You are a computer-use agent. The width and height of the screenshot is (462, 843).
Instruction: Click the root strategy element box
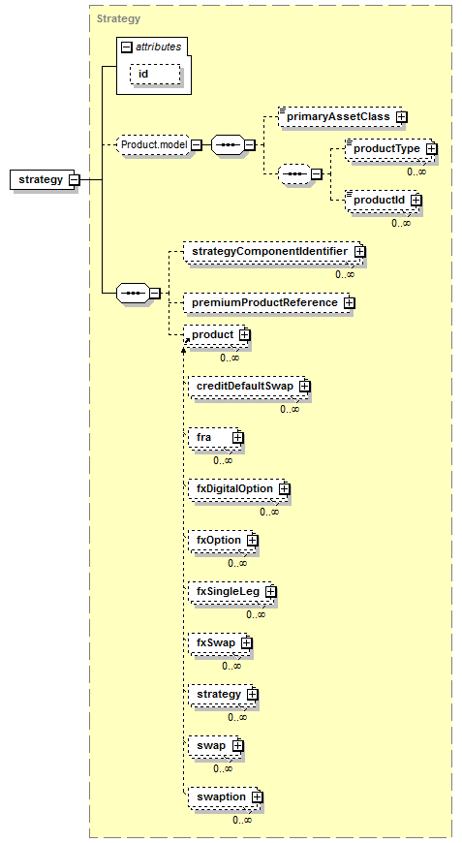(x=45, y=179)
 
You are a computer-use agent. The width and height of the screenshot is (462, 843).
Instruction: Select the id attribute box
(x=155, y=75)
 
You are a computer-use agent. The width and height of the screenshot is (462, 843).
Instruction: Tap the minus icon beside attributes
(x=127, y=47)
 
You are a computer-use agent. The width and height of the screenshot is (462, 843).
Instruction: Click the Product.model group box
(x=154, y=144)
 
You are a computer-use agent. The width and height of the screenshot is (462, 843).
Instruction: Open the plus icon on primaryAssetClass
(x=401, y=116)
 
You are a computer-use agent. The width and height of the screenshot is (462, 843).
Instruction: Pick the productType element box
(x=389, y=149)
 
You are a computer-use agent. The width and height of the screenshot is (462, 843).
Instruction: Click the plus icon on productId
(x=416, y=200)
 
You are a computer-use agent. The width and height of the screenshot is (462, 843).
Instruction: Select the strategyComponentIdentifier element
(x=274, y=252)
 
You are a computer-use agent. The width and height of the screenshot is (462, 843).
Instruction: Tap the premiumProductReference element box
(x=268, y=302)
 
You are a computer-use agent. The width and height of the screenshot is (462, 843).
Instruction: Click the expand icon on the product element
(x=244, y=335)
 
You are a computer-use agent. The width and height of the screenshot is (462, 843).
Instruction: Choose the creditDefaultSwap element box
(x=249, y=387)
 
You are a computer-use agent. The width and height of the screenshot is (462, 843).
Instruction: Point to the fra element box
(x=215, y=438)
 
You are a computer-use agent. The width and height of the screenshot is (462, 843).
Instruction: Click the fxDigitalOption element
(x=238, y=489)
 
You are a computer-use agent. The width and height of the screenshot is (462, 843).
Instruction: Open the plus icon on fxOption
(x=253, y=541)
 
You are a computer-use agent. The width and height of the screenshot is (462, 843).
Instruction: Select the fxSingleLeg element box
(x=232, y=592)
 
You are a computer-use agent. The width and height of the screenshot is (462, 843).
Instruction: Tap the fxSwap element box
(x=220, y=643)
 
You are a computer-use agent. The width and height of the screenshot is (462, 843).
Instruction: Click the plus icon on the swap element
(x=238, y=746)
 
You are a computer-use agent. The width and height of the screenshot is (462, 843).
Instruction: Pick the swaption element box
(x=225, y=797)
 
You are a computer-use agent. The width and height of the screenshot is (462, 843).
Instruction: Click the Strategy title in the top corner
(x=118, y=18)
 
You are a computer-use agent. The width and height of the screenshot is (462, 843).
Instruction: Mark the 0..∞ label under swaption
(x=242, y=820)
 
